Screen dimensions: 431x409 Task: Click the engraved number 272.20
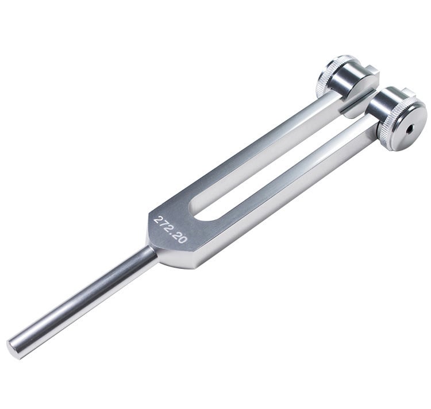click(170, 230)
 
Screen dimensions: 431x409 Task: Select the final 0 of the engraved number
click(182, 239)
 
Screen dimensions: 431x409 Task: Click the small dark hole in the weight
click(410, 128)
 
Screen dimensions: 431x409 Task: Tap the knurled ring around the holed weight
click(385, 132)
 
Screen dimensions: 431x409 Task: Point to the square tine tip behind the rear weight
click(372, 71)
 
